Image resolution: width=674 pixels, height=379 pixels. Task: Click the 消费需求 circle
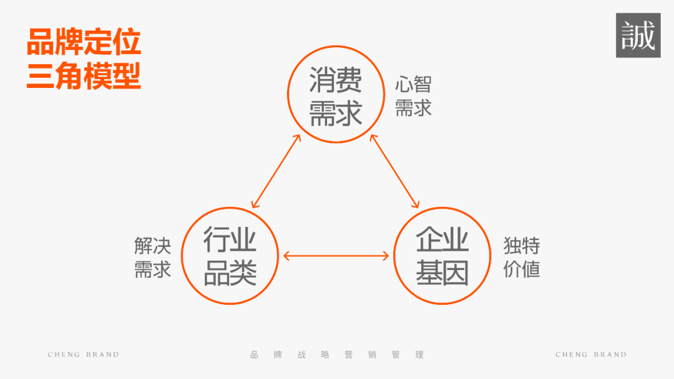pos(335,94)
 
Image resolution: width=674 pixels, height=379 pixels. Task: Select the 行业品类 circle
pos(230,256)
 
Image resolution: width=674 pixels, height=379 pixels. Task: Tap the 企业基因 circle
pos(442,256)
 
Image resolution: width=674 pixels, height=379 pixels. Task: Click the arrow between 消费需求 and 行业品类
pos(276,170)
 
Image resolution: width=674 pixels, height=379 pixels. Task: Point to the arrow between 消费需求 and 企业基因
pos(394,170)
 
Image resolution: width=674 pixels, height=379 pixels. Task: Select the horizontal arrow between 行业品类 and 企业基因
pos(336,256)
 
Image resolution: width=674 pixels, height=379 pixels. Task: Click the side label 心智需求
pos(413,96)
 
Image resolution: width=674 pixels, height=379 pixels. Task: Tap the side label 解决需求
pos(152,257)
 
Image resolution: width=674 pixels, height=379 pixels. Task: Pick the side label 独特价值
pos(522,257)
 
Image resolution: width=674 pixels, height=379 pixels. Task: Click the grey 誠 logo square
pos(638,36)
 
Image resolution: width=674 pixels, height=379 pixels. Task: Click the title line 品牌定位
pos(84,42)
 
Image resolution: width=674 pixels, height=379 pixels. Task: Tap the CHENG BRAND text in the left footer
pos(83,355)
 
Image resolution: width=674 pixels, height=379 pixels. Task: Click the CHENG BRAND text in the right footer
pos(591,355)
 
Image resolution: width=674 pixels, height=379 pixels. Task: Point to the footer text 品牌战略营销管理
pos(336,355)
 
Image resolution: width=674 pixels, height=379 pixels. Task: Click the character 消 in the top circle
pos(322,81)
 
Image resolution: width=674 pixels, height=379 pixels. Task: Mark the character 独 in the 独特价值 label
pos(512,245)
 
